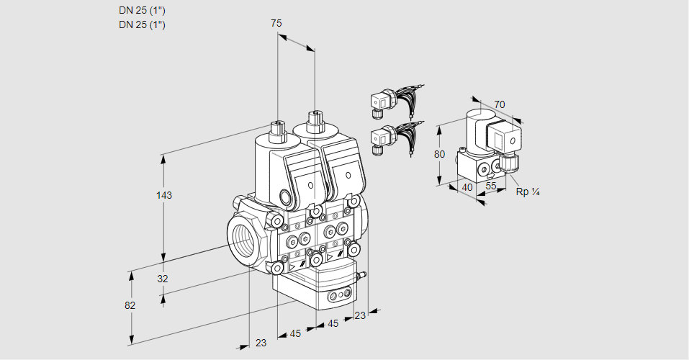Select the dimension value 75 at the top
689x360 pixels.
coord(276,24)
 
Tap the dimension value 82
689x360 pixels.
coord(130,305)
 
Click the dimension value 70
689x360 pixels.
coord(500,104)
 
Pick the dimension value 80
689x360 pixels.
coord(441,153)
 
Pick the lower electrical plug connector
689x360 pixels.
coord(380,139)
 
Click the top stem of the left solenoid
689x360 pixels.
coord(277,130)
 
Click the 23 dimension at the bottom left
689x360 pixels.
coord(261,343)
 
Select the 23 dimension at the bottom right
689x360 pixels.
coord(360,315)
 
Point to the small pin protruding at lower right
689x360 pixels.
coord(364,274)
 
